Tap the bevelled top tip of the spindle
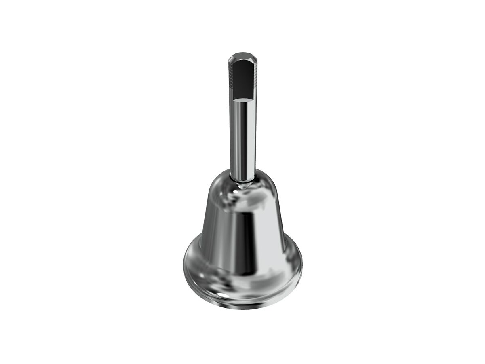(x=242, y=55)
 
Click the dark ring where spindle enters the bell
(x=242, y=182)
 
